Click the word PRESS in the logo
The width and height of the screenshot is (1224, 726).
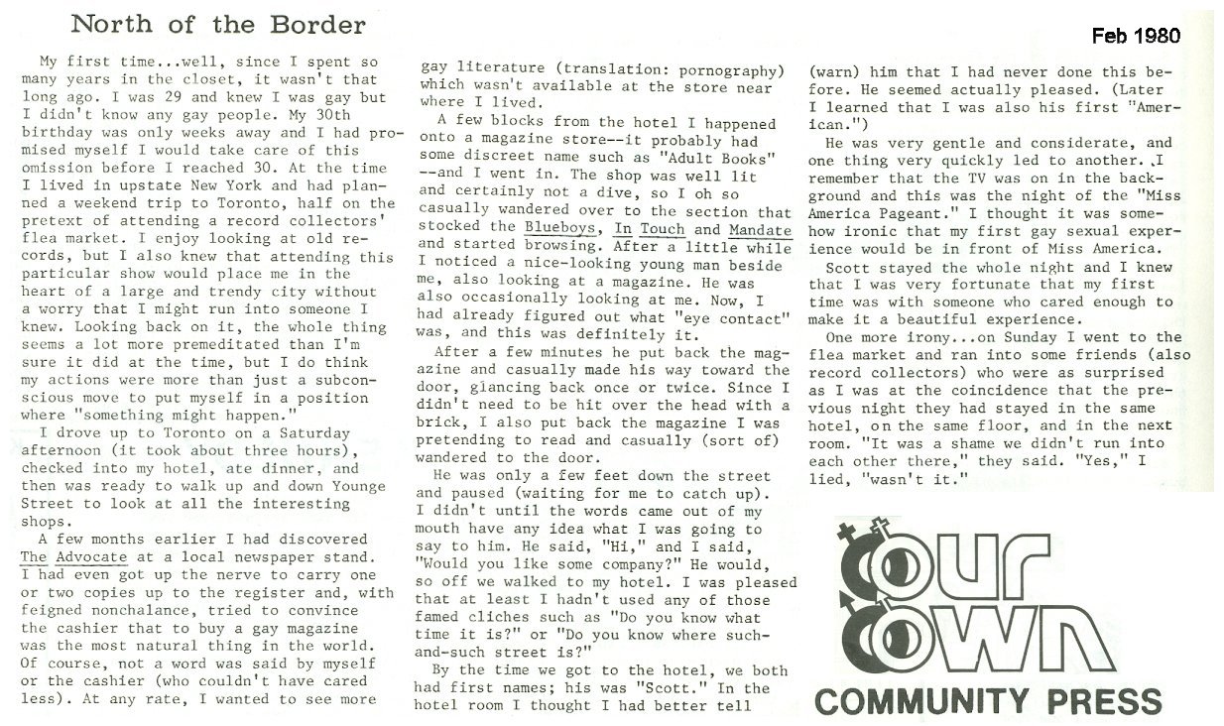coord(1100,701)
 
